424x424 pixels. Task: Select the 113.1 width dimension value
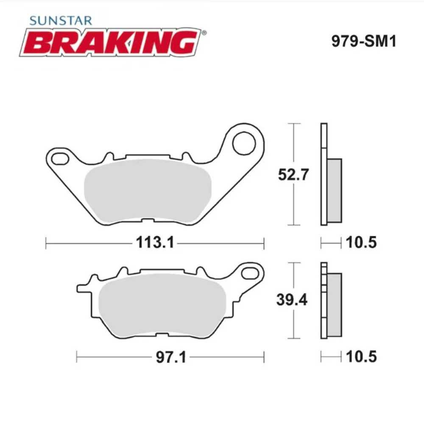[155, 243]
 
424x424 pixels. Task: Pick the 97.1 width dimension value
[171, 357]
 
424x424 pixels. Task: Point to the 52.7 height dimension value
[293, 174]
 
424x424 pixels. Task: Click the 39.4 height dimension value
[292, 300]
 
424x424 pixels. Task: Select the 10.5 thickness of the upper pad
[361, 243]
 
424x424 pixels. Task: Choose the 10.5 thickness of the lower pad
[361, 357]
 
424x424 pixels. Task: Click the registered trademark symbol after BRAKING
[204, 33]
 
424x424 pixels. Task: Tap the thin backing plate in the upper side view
[324, 174]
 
